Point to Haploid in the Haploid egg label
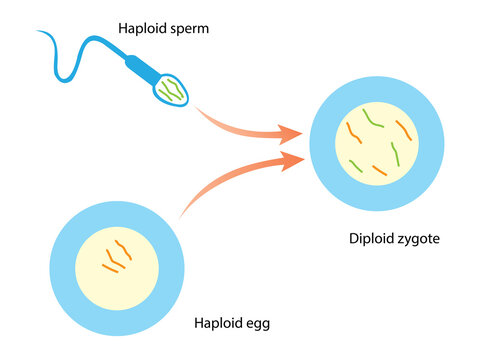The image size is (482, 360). (218, 324)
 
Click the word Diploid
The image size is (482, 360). (371, 239)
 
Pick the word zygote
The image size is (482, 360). (420, 239)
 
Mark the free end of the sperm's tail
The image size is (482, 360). (39, 32)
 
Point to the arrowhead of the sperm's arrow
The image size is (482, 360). (293, 133)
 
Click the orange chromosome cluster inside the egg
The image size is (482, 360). (116, 256)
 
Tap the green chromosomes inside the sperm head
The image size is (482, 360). (171, 90)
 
